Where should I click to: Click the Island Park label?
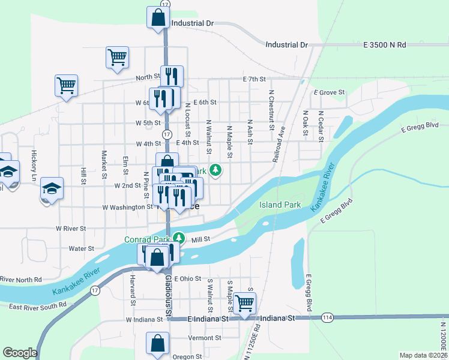point(280,205)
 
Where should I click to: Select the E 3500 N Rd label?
point(385,45)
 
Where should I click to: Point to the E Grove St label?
point(330,92)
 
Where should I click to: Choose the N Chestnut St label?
point(271,110)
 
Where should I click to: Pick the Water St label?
point(82,248)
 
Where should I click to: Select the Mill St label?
point(200,239)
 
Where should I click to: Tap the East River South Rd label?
point(37,306)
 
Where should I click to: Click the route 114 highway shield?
point(327,317)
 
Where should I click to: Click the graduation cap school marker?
point(52,188)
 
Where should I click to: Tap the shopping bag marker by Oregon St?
point(157,343)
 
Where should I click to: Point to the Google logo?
point(20,353)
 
